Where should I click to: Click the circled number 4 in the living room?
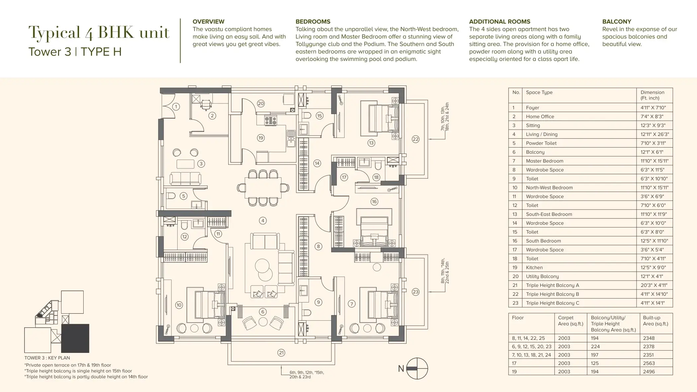tap(263, 221)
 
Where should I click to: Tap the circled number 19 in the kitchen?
tap(261, 138)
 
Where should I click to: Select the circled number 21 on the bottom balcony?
tap(281, 353)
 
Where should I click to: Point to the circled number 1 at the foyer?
tap(176, 106)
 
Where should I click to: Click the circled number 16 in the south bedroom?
tap(374, 202)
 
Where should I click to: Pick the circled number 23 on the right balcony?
tap(416, 292)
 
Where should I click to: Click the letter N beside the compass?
tap(401, 368)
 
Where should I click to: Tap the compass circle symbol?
tap(417, 368)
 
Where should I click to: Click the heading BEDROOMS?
tap(313, 22)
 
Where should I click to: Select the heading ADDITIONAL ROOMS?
tap(500, 22)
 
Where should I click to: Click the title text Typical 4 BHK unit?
tap(99, 33)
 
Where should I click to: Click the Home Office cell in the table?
tap(540, 116)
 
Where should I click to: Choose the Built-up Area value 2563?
tap(649, 363)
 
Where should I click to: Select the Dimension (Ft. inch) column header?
tap(653, 95)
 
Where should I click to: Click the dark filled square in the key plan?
tap(75, 338)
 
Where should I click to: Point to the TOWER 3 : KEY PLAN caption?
tap(47, 358)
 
